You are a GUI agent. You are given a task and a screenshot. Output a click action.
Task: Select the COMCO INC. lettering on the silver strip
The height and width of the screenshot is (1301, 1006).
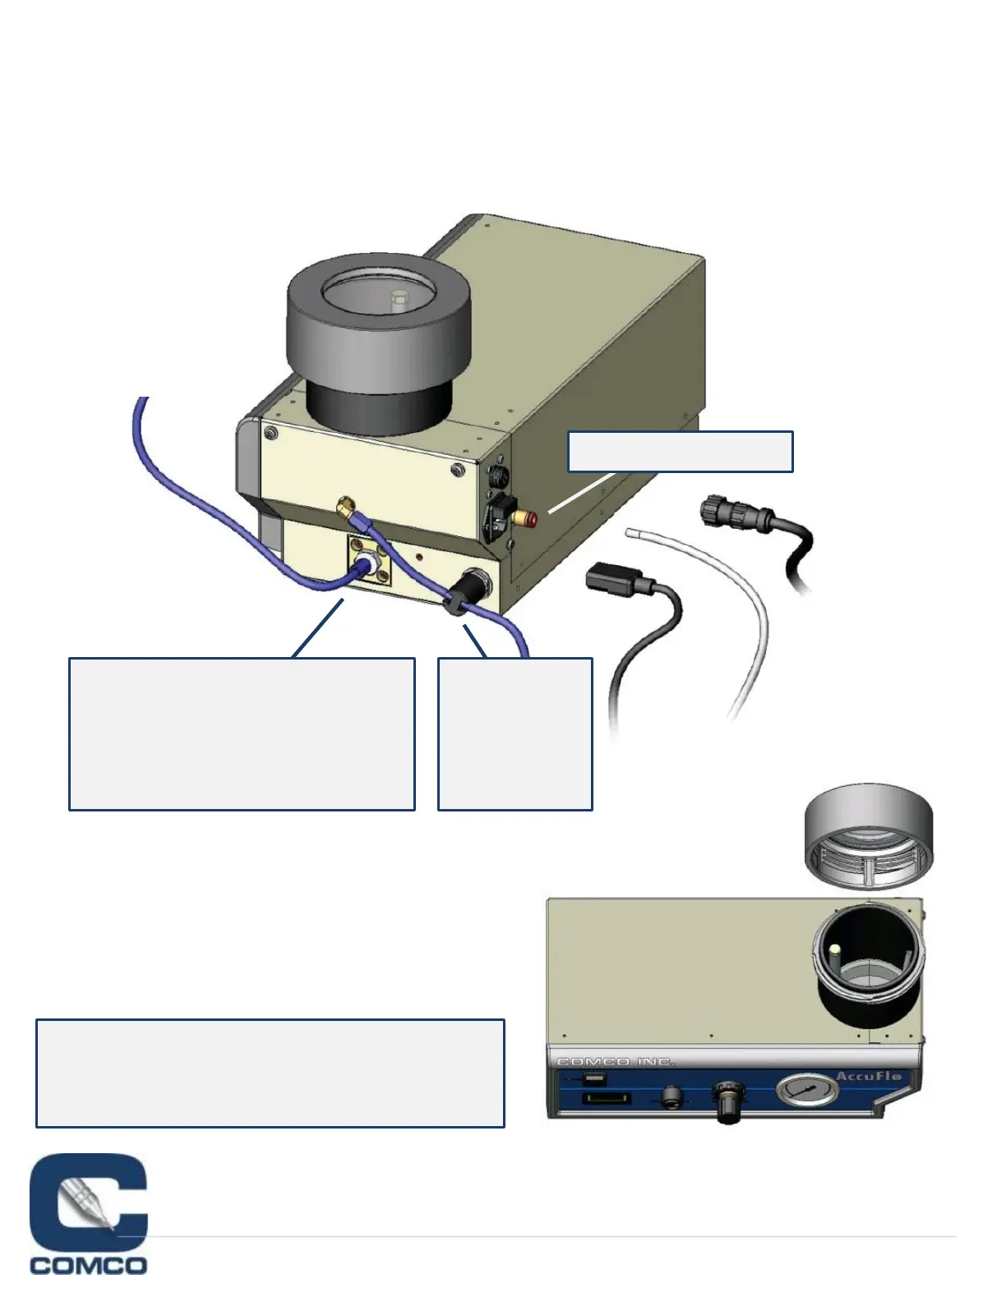(616, 1062)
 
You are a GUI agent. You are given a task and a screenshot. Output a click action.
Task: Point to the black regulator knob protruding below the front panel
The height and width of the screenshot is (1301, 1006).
(727, 1105)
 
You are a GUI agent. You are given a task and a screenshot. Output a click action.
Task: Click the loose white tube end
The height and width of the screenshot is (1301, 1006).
(631, 533)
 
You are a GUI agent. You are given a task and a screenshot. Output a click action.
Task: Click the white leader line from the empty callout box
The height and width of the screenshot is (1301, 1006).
(579, 493)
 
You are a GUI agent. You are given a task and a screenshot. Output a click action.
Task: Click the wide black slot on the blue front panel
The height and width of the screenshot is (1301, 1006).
(606, 1099)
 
